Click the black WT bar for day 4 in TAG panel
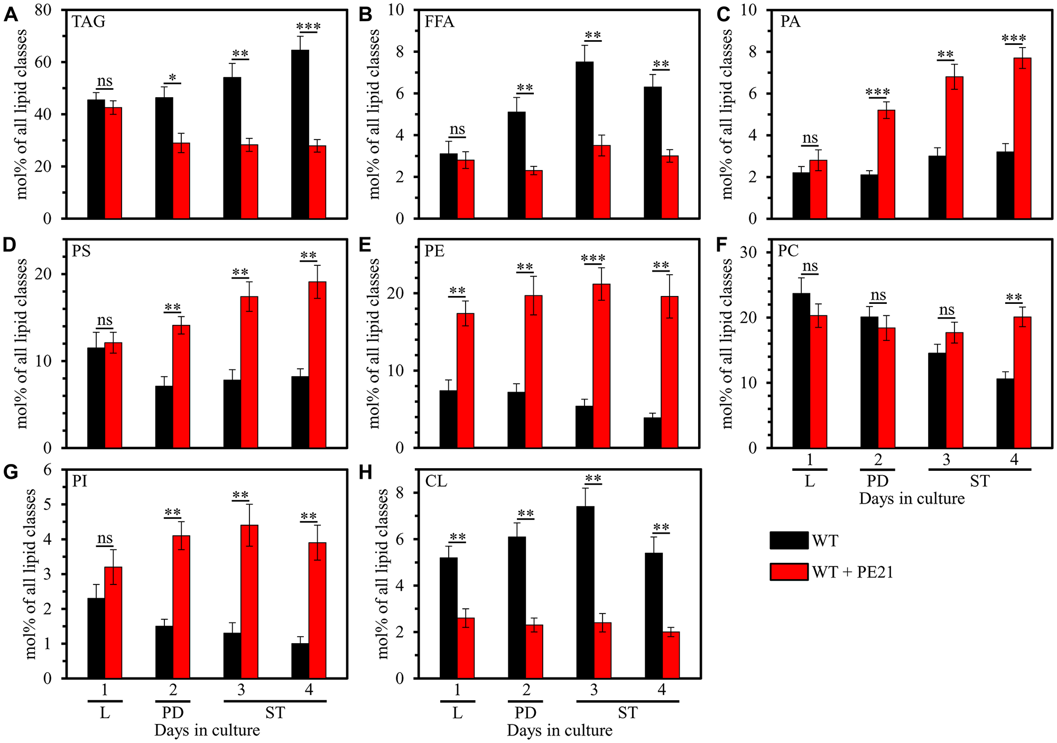click(x=300, y=134)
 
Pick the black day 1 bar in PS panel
click(x=96, y=397)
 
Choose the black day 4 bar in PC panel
click(x=1005, y=413)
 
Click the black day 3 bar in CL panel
click(x=585, y=592)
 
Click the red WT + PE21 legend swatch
click(x=789, y=572)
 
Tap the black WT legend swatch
click(x=789, y=541)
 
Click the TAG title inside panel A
click(x=88, y=22)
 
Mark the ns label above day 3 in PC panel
click(x=946, y=310)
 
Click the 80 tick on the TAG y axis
click(x=47, y=10)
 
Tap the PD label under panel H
click(x=525, y=713)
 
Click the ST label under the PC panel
click(x=979, y=481)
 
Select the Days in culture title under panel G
click(x=207, y=730)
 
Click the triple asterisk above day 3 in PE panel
click(x=593, y=258)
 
